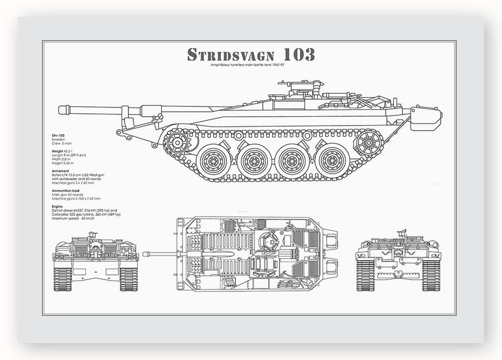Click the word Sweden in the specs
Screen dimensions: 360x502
[x=57, y=140]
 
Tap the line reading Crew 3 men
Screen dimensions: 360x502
[x=60, y=144]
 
